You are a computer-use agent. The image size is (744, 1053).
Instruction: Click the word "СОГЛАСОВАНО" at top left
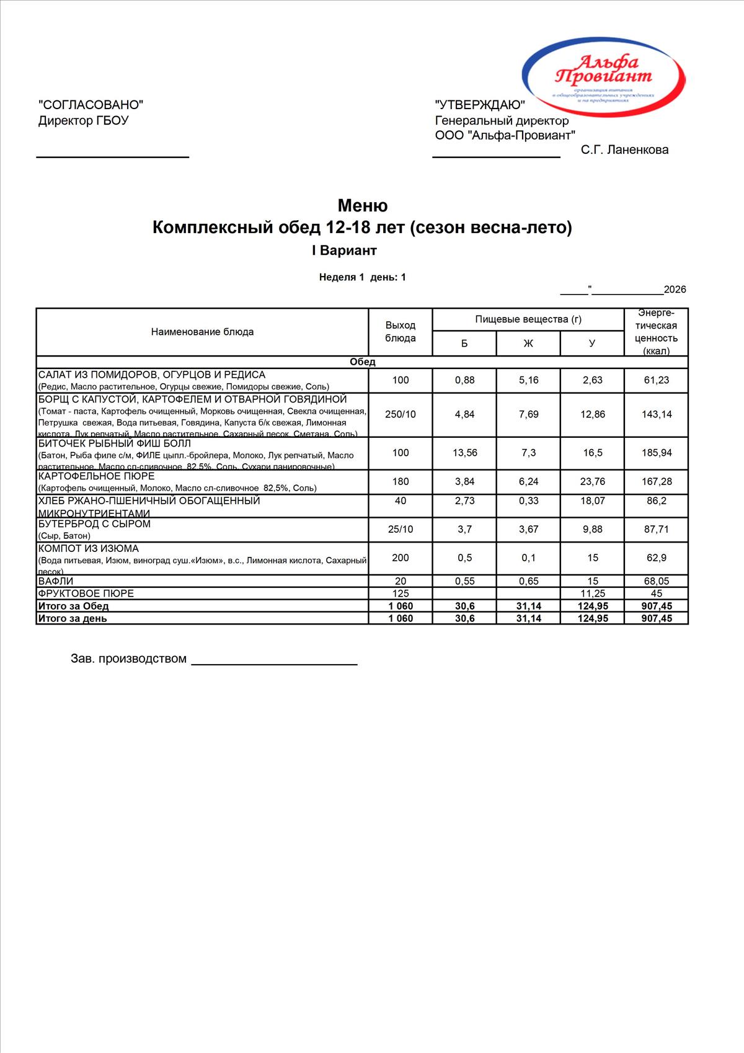[91, 105]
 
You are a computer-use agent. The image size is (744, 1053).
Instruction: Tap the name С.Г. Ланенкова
[624, 149]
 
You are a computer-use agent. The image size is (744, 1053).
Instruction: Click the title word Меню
[363, 205]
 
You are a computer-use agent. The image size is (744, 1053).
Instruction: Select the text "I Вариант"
[344, 251]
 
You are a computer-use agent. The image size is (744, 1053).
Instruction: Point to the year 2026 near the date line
[675, 290]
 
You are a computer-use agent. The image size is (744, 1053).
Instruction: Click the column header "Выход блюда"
[401, 332]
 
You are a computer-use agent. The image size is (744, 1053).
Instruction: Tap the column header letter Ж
[528, 344]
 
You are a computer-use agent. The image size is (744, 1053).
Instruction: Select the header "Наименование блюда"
[202, 332]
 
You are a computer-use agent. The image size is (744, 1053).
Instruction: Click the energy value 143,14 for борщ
[657, 414]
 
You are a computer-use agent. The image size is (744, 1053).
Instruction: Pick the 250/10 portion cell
[401, 414]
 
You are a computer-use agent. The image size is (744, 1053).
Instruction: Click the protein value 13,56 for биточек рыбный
[464, 453]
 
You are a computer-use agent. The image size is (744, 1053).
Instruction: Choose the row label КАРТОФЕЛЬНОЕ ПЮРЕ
[97, 476]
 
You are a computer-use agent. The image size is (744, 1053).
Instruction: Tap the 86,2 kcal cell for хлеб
[657, 500]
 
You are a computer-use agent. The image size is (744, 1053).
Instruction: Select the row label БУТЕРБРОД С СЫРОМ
[94, 524]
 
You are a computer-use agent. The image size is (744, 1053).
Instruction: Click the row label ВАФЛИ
[56, 581]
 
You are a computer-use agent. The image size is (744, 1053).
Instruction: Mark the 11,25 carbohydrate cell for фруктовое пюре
[592, 593]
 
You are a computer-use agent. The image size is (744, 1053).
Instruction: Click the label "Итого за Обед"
[73, 606]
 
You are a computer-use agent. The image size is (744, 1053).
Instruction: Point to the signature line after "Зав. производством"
[274, 664]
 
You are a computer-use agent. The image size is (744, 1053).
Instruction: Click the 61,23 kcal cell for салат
[657, 380]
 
